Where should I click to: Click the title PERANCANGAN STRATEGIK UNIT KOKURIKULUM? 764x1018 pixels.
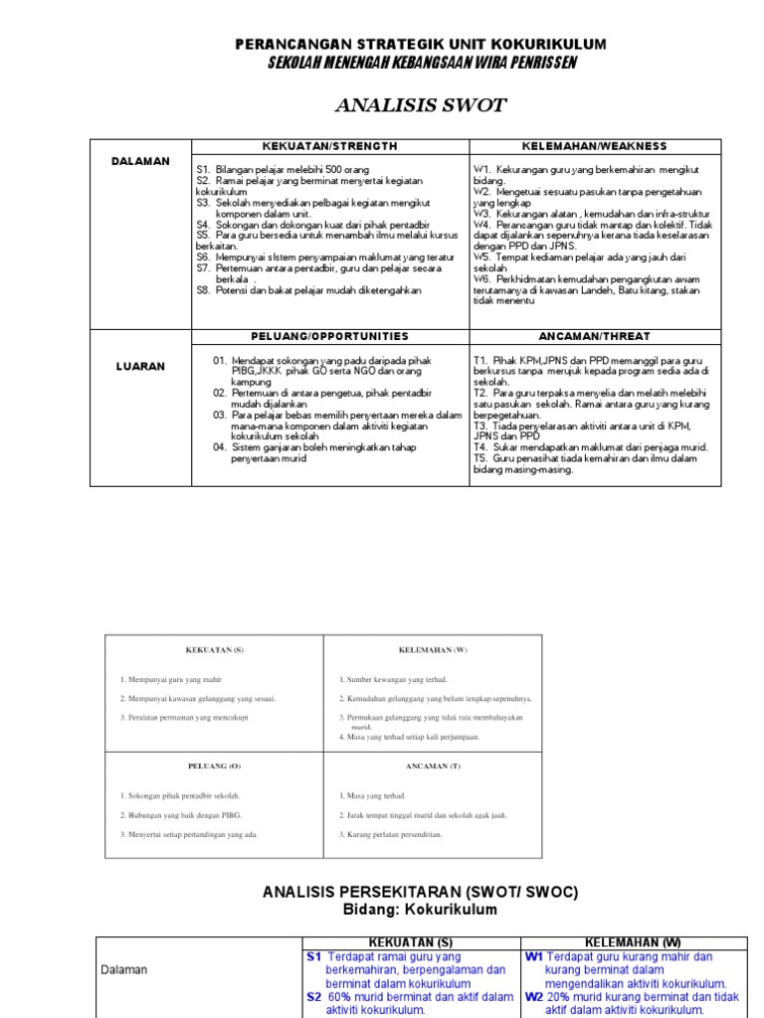tap(420, 46)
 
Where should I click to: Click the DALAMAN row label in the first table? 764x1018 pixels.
tap(140, 161)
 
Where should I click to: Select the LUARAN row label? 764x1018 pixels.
tap(140, 367)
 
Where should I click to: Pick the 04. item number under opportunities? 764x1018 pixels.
tap(220, 448)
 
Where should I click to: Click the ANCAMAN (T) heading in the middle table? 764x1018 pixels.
tap(433, 766)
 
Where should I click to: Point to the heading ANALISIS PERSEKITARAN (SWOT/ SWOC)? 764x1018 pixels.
tap(420, 893)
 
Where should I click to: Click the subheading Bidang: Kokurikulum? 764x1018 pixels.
tap(420, 910)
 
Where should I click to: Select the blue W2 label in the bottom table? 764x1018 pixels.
tap(534, 996)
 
